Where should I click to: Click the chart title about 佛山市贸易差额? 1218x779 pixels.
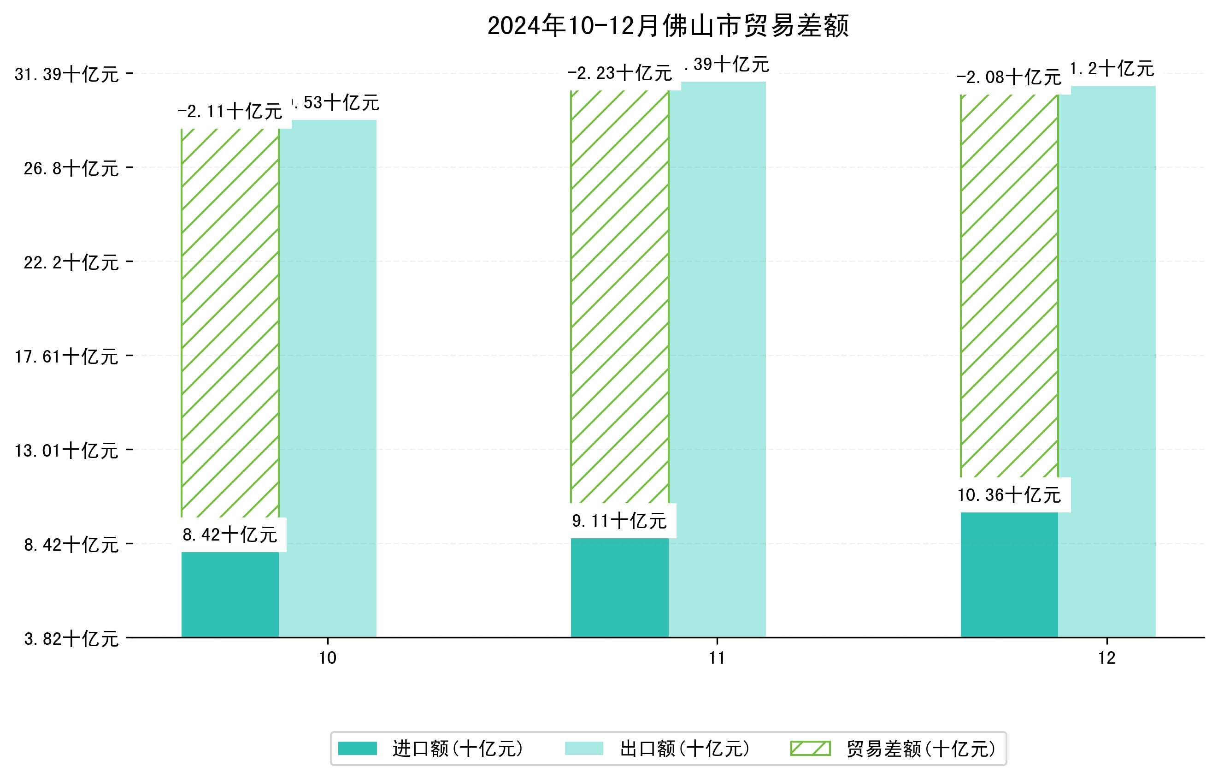point(668,26)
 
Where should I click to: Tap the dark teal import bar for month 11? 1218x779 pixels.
point(620,587)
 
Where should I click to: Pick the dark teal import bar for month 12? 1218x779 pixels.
point(1009,575)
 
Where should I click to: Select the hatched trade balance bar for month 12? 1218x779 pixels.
point(1009,286)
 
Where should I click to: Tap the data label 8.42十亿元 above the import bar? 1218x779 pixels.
point(230,535)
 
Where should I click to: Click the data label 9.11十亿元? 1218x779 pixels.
point(620,521)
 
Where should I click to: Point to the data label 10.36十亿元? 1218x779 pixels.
point(1009,495)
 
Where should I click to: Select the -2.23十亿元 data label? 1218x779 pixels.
point(620,73)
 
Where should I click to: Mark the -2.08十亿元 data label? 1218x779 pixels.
point(1009,77)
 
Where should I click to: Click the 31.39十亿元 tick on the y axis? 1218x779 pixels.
point(67,74)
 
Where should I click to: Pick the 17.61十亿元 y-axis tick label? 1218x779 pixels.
point(67,357)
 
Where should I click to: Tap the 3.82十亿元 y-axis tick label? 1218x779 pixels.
point(71,639)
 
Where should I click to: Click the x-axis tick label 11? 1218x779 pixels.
point(717,658)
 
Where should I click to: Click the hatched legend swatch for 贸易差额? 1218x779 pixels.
point(810,748)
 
